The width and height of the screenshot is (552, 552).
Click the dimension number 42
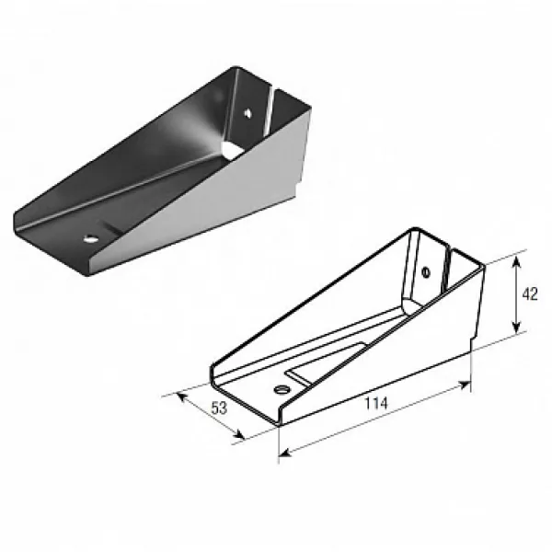click(x=530, y=294)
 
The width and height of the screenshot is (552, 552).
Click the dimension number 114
click(x=376, y=404)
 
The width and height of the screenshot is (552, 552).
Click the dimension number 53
click(x=219, y=408)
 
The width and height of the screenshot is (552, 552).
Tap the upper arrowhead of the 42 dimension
click(x=516, y=261)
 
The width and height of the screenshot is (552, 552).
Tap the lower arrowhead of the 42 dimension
click(x=516, y=328)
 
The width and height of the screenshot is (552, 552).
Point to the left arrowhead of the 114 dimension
click(x=285, y=453)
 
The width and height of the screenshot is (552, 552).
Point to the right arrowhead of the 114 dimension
click(x=465, y=385)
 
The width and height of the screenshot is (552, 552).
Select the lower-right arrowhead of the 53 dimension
click(x=239, y=435)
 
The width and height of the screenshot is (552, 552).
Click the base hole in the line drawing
click(x=282, y=389)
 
